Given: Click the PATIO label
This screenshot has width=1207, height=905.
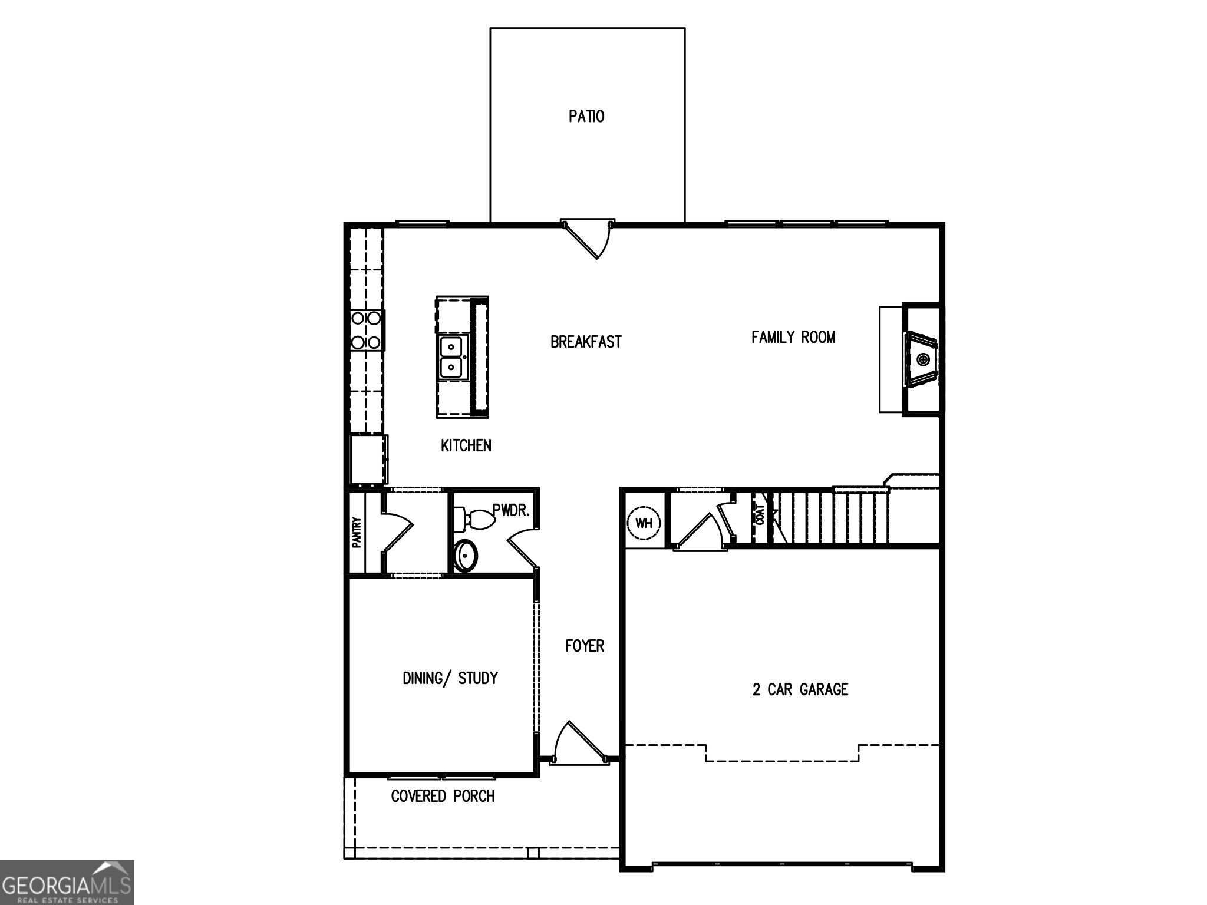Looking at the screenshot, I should pyautogui.click(x=586, y=116).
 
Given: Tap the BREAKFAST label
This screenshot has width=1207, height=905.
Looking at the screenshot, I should pyautogui.click(x=585, y=342).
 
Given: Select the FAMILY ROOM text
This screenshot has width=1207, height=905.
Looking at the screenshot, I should pyautogui.click(x=793, y=337).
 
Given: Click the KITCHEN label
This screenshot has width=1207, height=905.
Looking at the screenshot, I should pyautogui.click(x=466, y=445).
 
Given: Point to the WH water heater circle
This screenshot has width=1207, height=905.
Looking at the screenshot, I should pyautogui.click(x=644, y=523).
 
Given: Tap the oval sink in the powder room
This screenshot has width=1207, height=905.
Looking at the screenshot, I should pyautogui.click(x=466, y=555).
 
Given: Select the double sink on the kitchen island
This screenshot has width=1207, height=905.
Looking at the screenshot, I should pyautogui.click(x=452, y=358).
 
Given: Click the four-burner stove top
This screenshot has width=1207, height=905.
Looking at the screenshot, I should pyautogui.click(x=366, y=331).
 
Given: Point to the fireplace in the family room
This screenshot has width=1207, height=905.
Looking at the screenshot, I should pyautogui.click(x=921, y=359).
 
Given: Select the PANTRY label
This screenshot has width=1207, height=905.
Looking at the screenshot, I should pyautogui.click(x=357, y=533).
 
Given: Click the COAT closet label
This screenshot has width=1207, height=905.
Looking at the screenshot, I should pyautogui.click(x=760, y=515).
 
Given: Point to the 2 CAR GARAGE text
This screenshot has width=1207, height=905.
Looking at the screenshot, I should pyautogui.click(x=800, y=689).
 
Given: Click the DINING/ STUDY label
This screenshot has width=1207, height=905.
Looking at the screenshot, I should pyautogui.click(x=450, y=678).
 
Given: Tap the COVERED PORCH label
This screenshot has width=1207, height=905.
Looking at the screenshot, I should pyautogui.click(x=443, y=796).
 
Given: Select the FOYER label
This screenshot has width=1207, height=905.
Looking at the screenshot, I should pyautogui.click(x=584, y=646).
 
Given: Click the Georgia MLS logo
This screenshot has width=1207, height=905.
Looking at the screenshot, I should pyautogui.click(x=67, y=882).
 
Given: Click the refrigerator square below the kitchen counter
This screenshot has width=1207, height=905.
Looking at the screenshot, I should pyautogui.click(x=368, y=459).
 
